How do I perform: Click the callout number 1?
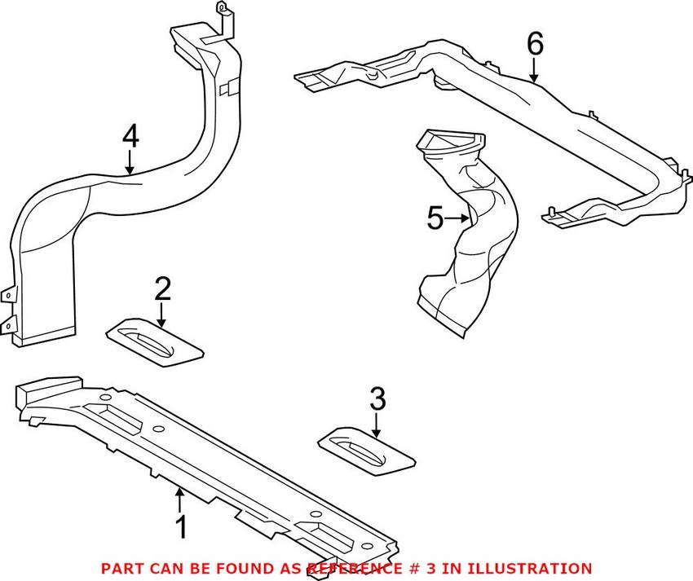(x=182, y=527)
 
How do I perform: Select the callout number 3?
(x=377, y=398)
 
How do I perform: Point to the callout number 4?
(x=130, y=137)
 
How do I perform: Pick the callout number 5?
(x=435, y=218)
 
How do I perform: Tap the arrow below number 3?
(x=377, y=425)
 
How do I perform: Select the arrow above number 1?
(x=181, y=497)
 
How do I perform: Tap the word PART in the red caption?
(x=121, y=568)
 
